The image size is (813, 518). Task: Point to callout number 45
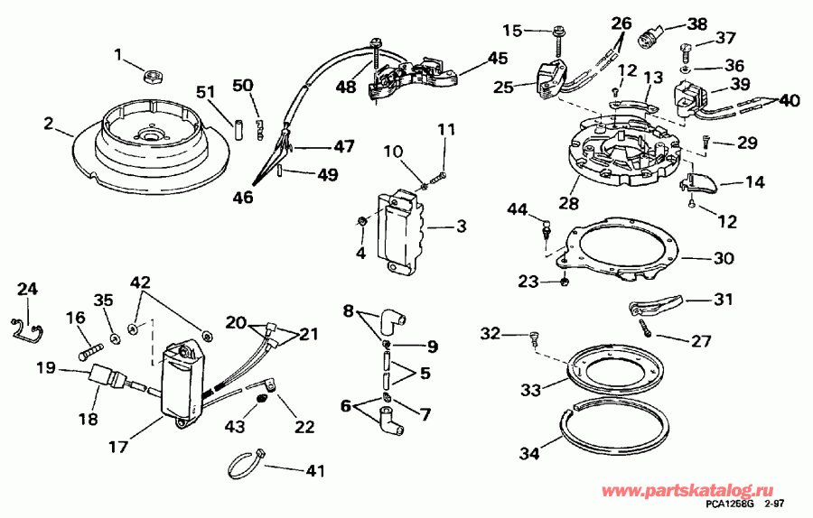498,58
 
